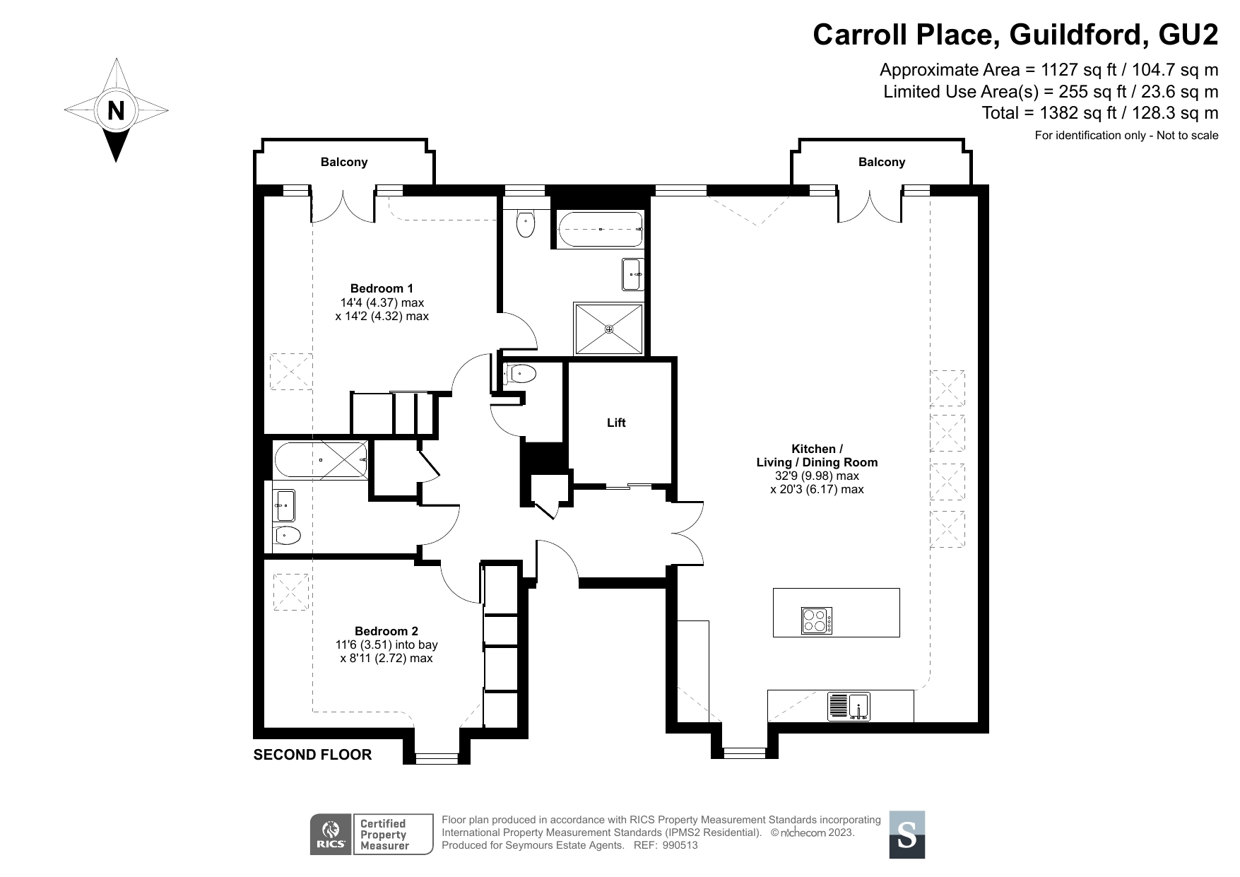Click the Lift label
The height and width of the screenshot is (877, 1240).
tap(616, 423)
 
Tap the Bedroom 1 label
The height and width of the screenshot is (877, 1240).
tap(382, 288)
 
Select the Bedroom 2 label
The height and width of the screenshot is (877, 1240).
tap(386, 631)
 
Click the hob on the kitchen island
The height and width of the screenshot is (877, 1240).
tap(817, 620)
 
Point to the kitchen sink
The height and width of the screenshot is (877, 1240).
tap(849, 707)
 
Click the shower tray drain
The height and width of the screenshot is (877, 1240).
tap(609, 329)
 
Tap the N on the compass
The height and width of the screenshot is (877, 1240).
tap(116, 111)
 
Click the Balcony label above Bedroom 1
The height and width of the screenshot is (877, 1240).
tap(344, 162)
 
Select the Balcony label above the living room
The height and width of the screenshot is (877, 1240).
tap(882, 162)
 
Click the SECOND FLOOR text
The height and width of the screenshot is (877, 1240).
tap(312, 755)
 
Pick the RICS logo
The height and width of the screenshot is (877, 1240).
tap(331, 834)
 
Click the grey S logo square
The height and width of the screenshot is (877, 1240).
tap(907, 835)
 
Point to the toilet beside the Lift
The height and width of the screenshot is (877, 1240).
tap(520, 373)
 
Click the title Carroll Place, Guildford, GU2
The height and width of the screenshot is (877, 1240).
tap(1015, 34)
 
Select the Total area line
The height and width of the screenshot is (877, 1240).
tap(1100, 113)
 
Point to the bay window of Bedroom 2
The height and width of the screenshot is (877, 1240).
tap(436, 758)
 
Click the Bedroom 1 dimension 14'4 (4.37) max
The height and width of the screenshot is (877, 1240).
tap(382, 302)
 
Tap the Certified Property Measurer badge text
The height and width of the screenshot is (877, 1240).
tap(384, 835)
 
